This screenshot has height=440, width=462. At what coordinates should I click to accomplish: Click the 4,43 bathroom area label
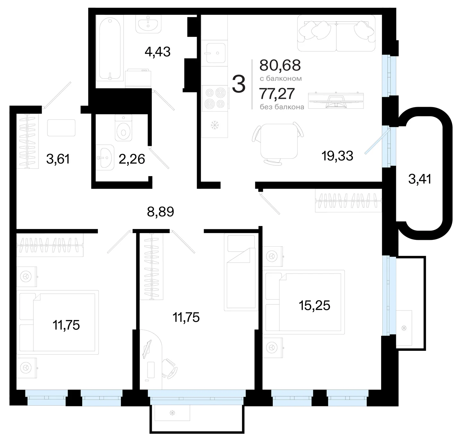(x=158, y=52)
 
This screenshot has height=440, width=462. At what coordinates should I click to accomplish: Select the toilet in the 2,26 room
(x=124, y=128)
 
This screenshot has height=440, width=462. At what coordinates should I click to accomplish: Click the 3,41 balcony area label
(x=420, y=179)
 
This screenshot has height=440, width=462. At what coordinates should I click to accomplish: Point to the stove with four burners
(x=215, y=98)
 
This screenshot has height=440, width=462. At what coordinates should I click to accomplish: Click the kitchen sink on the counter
(x=216, y=53)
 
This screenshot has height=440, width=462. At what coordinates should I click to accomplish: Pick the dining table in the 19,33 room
(x=279, y=141)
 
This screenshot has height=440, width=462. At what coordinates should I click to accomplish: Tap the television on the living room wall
(x=336, y=101)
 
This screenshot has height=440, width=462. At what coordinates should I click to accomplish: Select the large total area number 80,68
(x=280, y=65)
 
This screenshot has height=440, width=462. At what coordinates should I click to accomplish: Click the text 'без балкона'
(x=282, y=107)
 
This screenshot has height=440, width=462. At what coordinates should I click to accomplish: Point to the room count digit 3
(x=238, y=84)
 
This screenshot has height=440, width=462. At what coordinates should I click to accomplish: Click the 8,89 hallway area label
(x=160, y=212)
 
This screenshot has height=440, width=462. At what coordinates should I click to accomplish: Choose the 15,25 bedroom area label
(x=314, y=306)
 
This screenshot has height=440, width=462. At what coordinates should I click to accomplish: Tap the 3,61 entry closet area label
(x=58, y=159)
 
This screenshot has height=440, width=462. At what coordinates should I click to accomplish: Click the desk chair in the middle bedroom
(x=169, y=368)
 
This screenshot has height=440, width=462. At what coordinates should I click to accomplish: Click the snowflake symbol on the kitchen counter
(x=215, y=125)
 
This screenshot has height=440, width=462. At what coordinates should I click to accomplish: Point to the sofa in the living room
(x=336, y=33)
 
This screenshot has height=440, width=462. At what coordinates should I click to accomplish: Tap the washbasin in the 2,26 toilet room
(x=105, y=157)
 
